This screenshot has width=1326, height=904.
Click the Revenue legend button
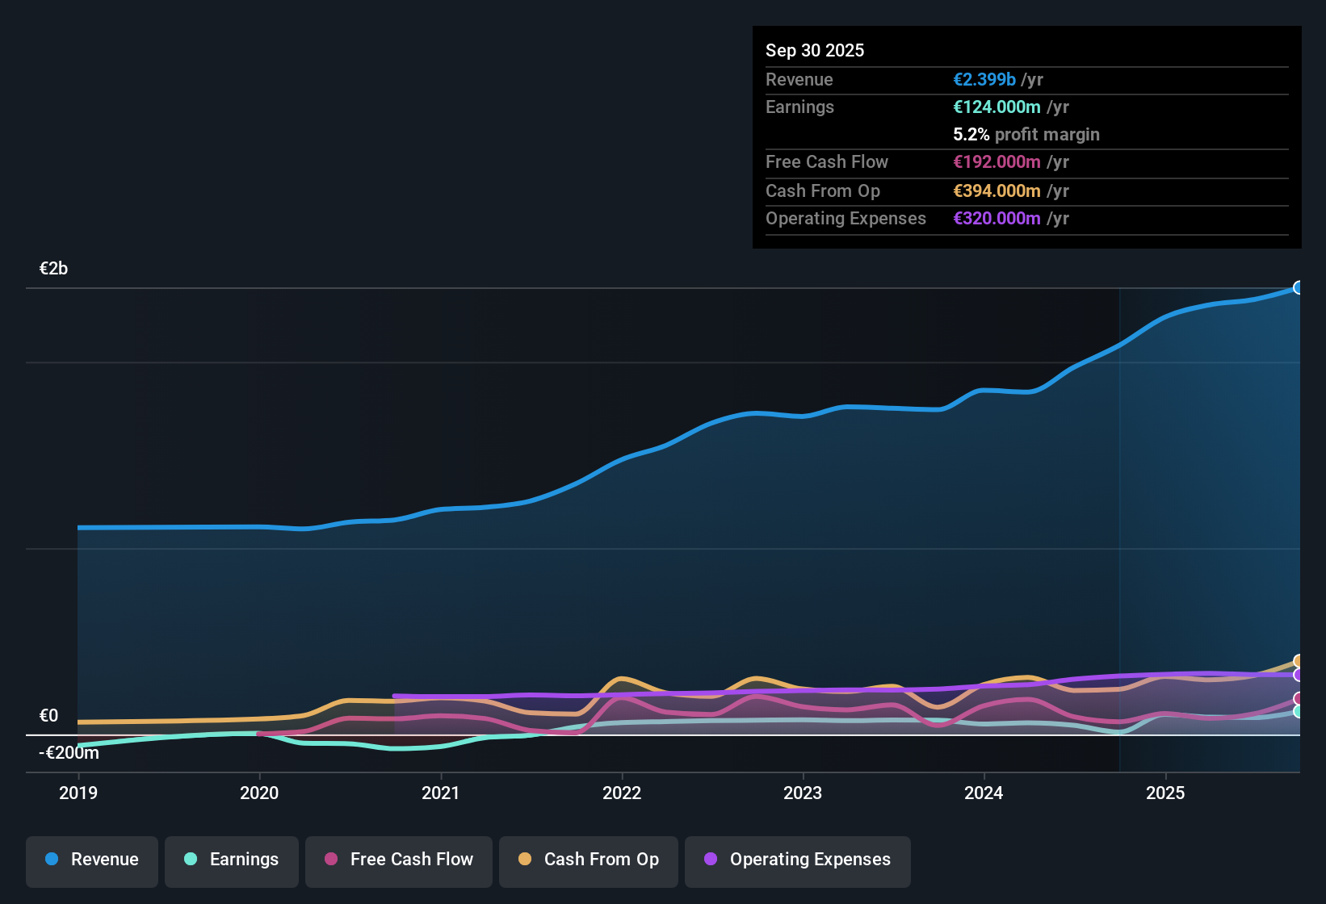pos(92,860)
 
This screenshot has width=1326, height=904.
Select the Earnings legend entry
pos(232,860)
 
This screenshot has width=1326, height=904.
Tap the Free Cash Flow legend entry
pos(399,860)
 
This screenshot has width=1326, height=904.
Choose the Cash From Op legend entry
pos(589,860)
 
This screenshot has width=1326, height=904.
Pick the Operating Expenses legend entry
pos(798,860)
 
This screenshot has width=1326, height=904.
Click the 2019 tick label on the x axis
pos(78,793)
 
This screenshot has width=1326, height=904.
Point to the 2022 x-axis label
pos(622,793)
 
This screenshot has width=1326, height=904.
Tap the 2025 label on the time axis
pos(1165,793)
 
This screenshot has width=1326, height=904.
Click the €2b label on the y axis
pos(54,269)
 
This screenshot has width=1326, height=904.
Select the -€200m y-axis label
pos(69,753)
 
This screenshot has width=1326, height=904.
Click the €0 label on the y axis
pos(48,716)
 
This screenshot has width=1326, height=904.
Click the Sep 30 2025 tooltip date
pos(815,50)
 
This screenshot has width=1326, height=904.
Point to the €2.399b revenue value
pos(984,79)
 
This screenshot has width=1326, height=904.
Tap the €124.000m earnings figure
pos(997,107)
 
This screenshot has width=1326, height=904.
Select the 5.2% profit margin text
pos(1026,134)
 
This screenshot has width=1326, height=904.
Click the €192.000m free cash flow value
pos(997,161)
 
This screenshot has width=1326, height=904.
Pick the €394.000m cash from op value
pos(997,190)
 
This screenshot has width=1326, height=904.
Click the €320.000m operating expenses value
pos(997,218)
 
